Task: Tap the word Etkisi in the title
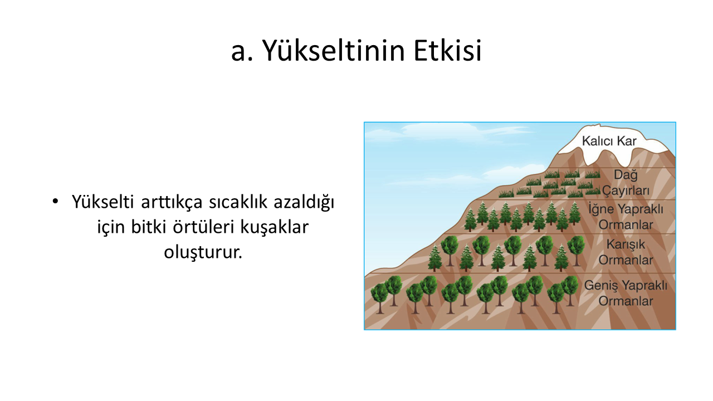[447, 51]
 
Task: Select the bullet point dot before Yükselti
[55, 202]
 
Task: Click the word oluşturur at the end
[203, 252]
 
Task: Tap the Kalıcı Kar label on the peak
[609, 141]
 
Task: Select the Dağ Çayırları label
[625, 182]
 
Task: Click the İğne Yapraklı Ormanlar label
[626, 217]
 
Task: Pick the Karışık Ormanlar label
[626, 252]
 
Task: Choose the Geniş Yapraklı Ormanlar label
[626, 293]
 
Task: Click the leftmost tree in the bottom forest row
[379, 298]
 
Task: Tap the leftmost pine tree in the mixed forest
[435, 257]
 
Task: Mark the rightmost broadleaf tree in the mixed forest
[576, 251]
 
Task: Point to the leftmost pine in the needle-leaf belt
[470, 219]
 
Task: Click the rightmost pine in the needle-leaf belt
[574, 213]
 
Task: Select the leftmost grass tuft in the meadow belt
[506, 193]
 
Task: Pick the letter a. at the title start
[242, 52]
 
